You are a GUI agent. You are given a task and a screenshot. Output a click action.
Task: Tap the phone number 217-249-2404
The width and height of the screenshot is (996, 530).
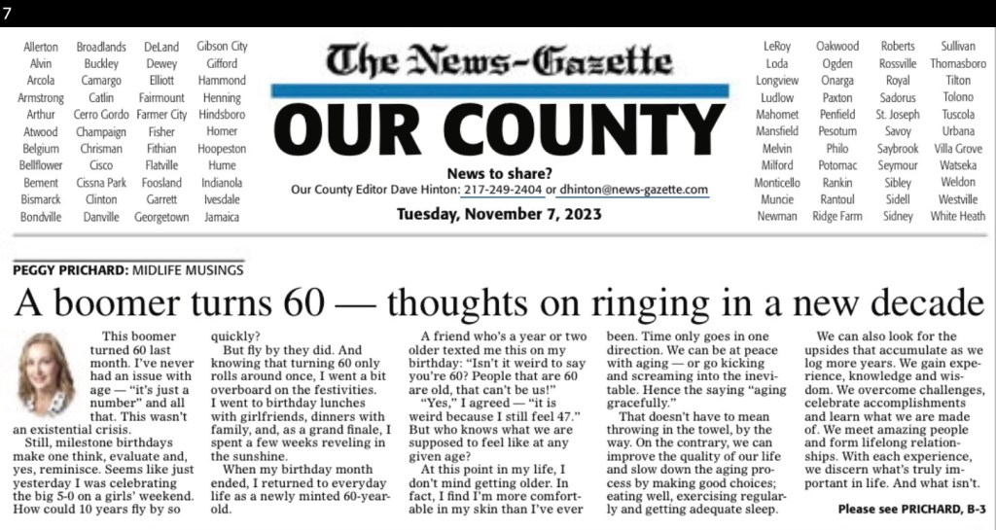tap(502, 190)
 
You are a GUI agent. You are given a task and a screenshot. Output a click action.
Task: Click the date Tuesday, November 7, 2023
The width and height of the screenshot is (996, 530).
tap(498, 214)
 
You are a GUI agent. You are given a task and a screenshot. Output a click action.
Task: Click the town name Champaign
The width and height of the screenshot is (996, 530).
tap(100, 131)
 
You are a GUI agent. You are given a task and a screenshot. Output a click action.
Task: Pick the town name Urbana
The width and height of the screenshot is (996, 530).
tap(958, 131)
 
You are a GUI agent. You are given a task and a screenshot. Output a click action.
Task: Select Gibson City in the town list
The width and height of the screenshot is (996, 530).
tap(222, 46)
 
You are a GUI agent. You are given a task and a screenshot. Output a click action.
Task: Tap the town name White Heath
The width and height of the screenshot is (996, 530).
tap(958, 216)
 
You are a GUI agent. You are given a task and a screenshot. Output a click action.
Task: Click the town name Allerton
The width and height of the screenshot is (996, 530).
tap(41, 46)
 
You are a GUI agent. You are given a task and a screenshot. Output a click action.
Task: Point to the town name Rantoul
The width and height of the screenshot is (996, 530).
tap(837, 198)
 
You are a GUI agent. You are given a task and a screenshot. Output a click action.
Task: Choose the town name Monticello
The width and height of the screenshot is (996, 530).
tap(776, 182)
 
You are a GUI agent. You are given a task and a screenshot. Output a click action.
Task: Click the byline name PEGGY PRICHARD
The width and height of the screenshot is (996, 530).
tap(64, 269)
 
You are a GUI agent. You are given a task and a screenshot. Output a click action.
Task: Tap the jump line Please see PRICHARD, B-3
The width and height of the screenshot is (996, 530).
tap(911, 508)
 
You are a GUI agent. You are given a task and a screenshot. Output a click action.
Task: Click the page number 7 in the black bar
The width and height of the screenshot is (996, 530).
tap(8, 13)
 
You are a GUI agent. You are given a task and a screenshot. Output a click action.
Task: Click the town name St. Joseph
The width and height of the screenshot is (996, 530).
tap(897, 114)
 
